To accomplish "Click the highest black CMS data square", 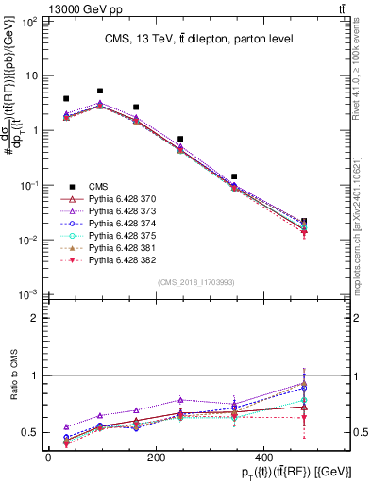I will (x=100, y=92).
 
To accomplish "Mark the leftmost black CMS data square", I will (x=66, y=98).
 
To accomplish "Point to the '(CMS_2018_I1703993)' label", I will (x=195, y=281).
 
